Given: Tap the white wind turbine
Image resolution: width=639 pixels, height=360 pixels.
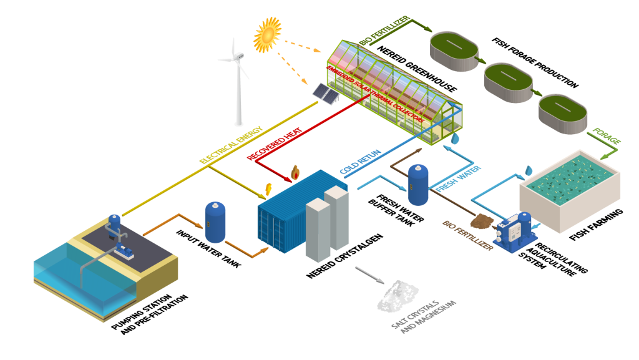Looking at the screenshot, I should (x=237, y=81).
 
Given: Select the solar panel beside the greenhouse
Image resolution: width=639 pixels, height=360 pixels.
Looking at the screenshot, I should (x=325, y=94).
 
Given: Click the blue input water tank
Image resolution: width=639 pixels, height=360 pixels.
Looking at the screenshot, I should (x=215, y=222).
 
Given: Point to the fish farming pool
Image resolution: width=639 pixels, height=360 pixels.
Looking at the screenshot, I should (x=570, y=181).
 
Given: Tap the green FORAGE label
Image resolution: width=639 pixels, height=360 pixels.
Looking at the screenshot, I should (x=607, y=137).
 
